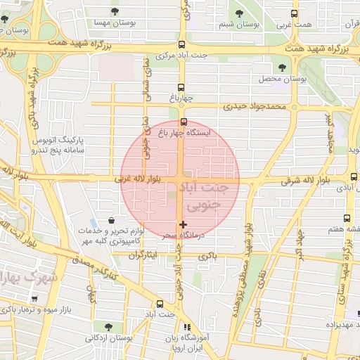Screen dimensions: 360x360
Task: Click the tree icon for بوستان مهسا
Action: click(115, 11)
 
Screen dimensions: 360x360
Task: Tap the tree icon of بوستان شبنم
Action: click(238, 12)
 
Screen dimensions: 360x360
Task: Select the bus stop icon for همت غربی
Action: click(294, 13)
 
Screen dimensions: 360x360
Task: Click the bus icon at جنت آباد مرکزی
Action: click(181, 44)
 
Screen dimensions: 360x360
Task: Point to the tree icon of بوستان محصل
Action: click(282, 67)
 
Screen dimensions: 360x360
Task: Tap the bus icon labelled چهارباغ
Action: click(181, 88)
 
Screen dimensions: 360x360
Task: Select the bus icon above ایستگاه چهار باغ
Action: click(183, 122)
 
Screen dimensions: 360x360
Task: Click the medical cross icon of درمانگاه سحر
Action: click(183, 224)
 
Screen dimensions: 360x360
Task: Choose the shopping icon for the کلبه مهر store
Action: click(111, 221)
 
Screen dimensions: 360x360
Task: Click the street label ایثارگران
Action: click(142, 254)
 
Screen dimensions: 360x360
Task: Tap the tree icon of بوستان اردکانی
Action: click(108, 326)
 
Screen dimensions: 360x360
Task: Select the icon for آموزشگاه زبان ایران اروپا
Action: click(186, 327)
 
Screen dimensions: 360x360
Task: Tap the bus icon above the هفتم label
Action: click(347, 218)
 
